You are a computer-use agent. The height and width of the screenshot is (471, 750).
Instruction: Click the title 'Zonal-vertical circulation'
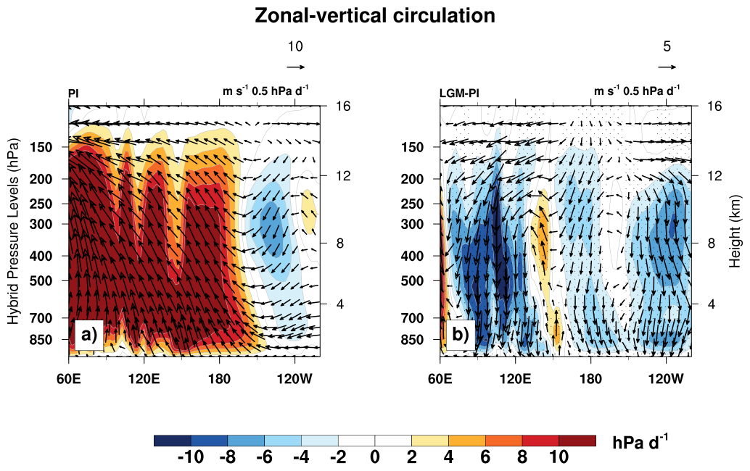point(374,15)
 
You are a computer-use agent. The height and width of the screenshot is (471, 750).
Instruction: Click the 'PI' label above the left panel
point(73,93)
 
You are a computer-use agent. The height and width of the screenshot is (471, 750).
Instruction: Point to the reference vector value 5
point(667,46)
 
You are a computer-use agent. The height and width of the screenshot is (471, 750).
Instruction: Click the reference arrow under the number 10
point(295,67)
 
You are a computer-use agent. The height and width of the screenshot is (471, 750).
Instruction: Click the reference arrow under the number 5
point(667,67)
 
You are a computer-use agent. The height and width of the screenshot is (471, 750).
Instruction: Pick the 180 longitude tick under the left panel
point(220,378)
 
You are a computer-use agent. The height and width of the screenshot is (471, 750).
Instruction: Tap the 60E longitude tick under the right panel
point(440,378)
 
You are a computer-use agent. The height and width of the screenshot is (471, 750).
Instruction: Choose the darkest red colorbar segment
point(577,440)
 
